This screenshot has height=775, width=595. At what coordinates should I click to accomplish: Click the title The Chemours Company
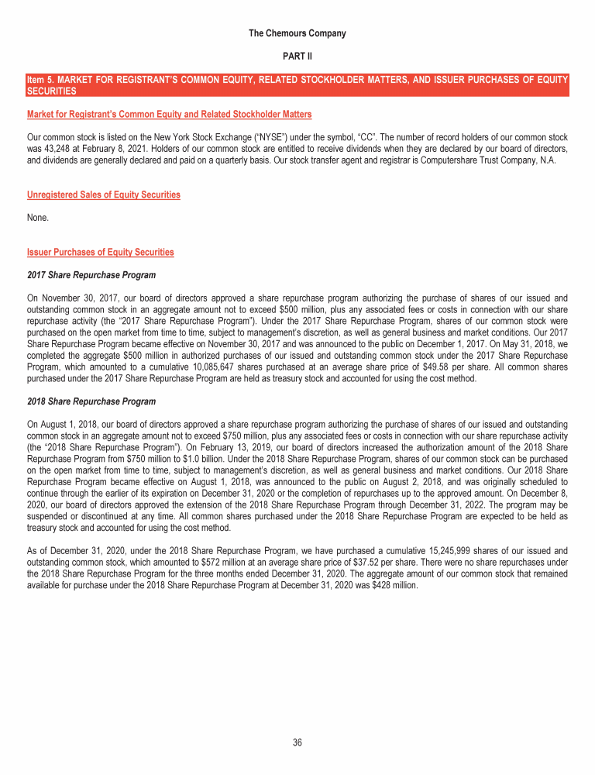click(297, 33)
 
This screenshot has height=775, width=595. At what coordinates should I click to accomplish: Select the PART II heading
click(297, 57)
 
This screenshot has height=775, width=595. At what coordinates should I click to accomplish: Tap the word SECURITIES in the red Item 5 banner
click(51, 91)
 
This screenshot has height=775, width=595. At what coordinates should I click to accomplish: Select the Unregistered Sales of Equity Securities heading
click(103, 195)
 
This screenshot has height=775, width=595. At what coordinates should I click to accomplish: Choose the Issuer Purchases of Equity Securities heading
click(100, 252)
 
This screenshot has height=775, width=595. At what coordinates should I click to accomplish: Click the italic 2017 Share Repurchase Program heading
click(91, 275)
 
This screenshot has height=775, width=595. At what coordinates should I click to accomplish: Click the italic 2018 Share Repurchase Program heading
click(91, 401)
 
